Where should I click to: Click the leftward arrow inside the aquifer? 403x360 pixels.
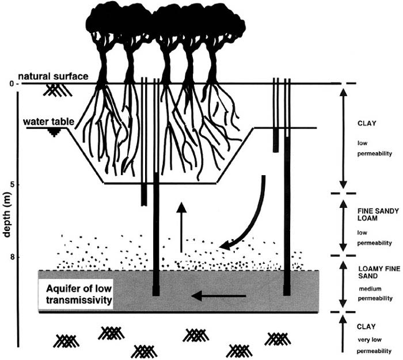click(x=218, y=297)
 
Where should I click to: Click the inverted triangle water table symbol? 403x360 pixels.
click(x=55, y=132)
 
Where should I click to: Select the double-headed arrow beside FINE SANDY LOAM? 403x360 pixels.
click(x=343, y=224)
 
